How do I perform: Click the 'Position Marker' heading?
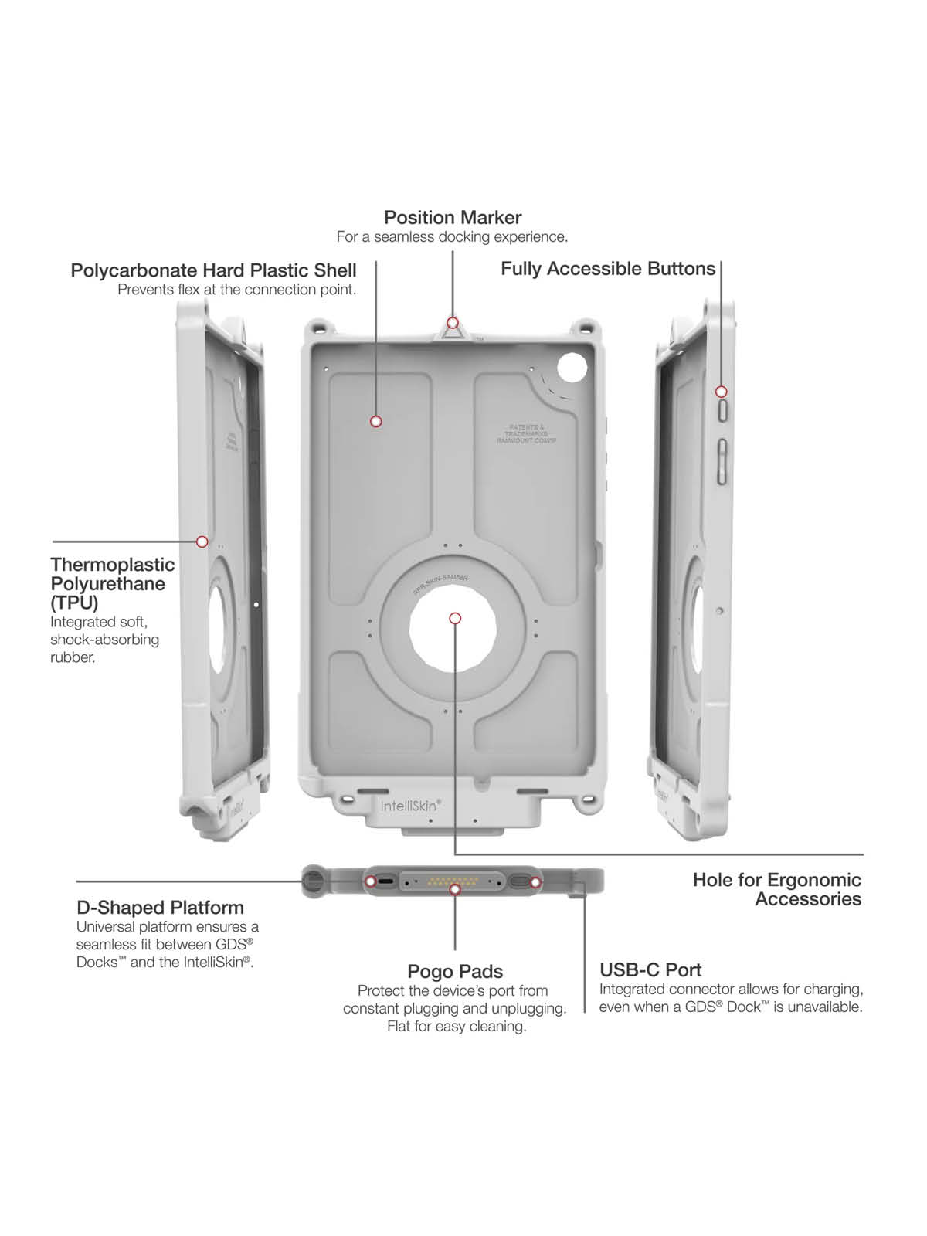pos(453,218)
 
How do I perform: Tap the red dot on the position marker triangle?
pos(453,322)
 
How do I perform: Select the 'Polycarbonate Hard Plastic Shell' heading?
pos(213,270)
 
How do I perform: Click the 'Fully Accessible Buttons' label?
pos(608,269)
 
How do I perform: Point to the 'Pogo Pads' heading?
pos(455,972)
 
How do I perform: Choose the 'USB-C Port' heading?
pos(650,970)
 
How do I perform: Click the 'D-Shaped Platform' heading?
pos(160,908)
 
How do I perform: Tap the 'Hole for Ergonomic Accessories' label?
pos(777,889)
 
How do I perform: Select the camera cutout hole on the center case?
pos(572,368)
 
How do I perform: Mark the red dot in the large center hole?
pos(455,618)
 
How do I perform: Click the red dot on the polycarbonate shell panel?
pos(376,421)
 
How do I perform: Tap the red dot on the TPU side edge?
pos(202,542)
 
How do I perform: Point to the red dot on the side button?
pos(722,392)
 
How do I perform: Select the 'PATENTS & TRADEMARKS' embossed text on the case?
pos(526,433)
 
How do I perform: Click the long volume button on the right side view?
pos(722,462)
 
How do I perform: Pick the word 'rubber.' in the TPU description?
pos(73,657)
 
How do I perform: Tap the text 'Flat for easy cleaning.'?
pos(457,1026)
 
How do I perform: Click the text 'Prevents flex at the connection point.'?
pos(236,290)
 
